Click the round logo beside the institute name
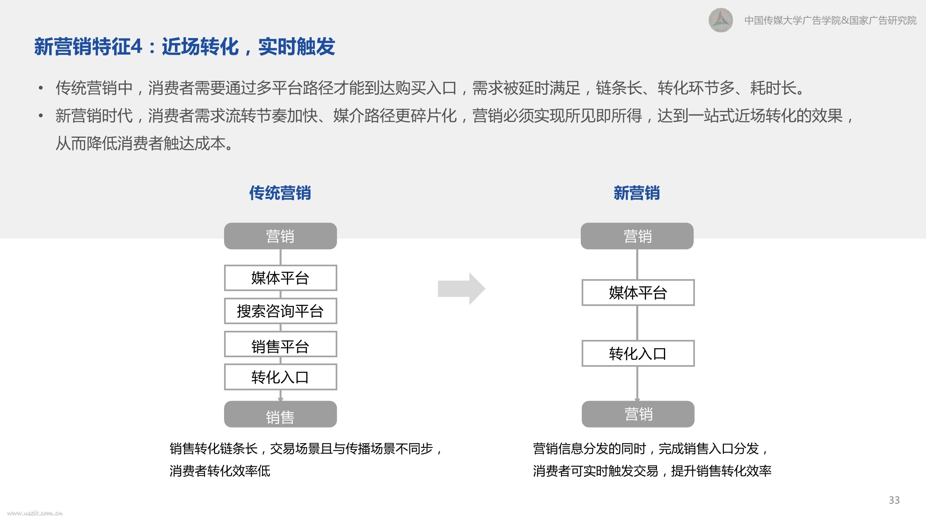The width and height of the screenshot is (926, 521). (721, 20)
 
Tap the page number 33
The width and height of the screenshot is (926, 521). (894, 500)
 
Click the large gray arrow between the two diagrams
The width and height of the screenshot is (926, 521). (461, 289)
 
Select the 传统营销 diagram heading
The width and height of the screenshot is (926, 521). (280, 193)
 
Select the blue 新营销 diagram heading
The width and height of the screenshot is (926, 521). (637, 193)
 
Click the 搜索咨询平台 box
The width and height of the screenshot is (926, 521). (280, 311)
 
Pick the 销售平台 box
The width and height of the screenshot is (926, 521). (280, 344)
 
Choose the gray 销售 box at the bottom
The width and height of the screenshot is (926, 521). (280, 414)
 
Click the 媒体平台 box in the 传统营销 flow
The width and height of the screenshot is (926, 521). (280, 278)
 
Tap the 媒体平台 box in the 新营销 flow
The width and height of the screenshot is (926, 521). (638, 293)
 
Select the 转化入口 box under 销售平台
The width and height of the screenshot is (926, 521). (280, 377)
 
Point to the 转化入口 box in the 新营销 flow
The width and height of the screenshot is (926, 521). (638, 353)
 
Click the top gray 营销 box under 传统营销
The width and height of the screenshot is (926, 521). (280, 236)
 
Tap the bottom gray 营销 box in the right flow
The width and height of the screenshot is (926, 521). (638, 414)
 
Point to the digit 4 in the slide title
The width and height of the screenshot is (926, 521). (136, 46)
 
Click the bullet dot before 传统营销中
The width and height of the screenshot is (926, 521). (41, 88)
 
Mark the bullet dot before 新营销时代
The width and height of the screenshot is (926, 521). (41, 116)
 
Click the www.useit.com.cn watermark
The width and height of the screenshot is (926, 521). (35, 513)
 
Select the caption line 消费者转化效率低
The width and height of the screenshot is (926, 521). (220, 471)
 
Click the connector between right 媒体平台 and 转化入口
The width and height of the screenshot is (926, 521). (637, 323)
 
